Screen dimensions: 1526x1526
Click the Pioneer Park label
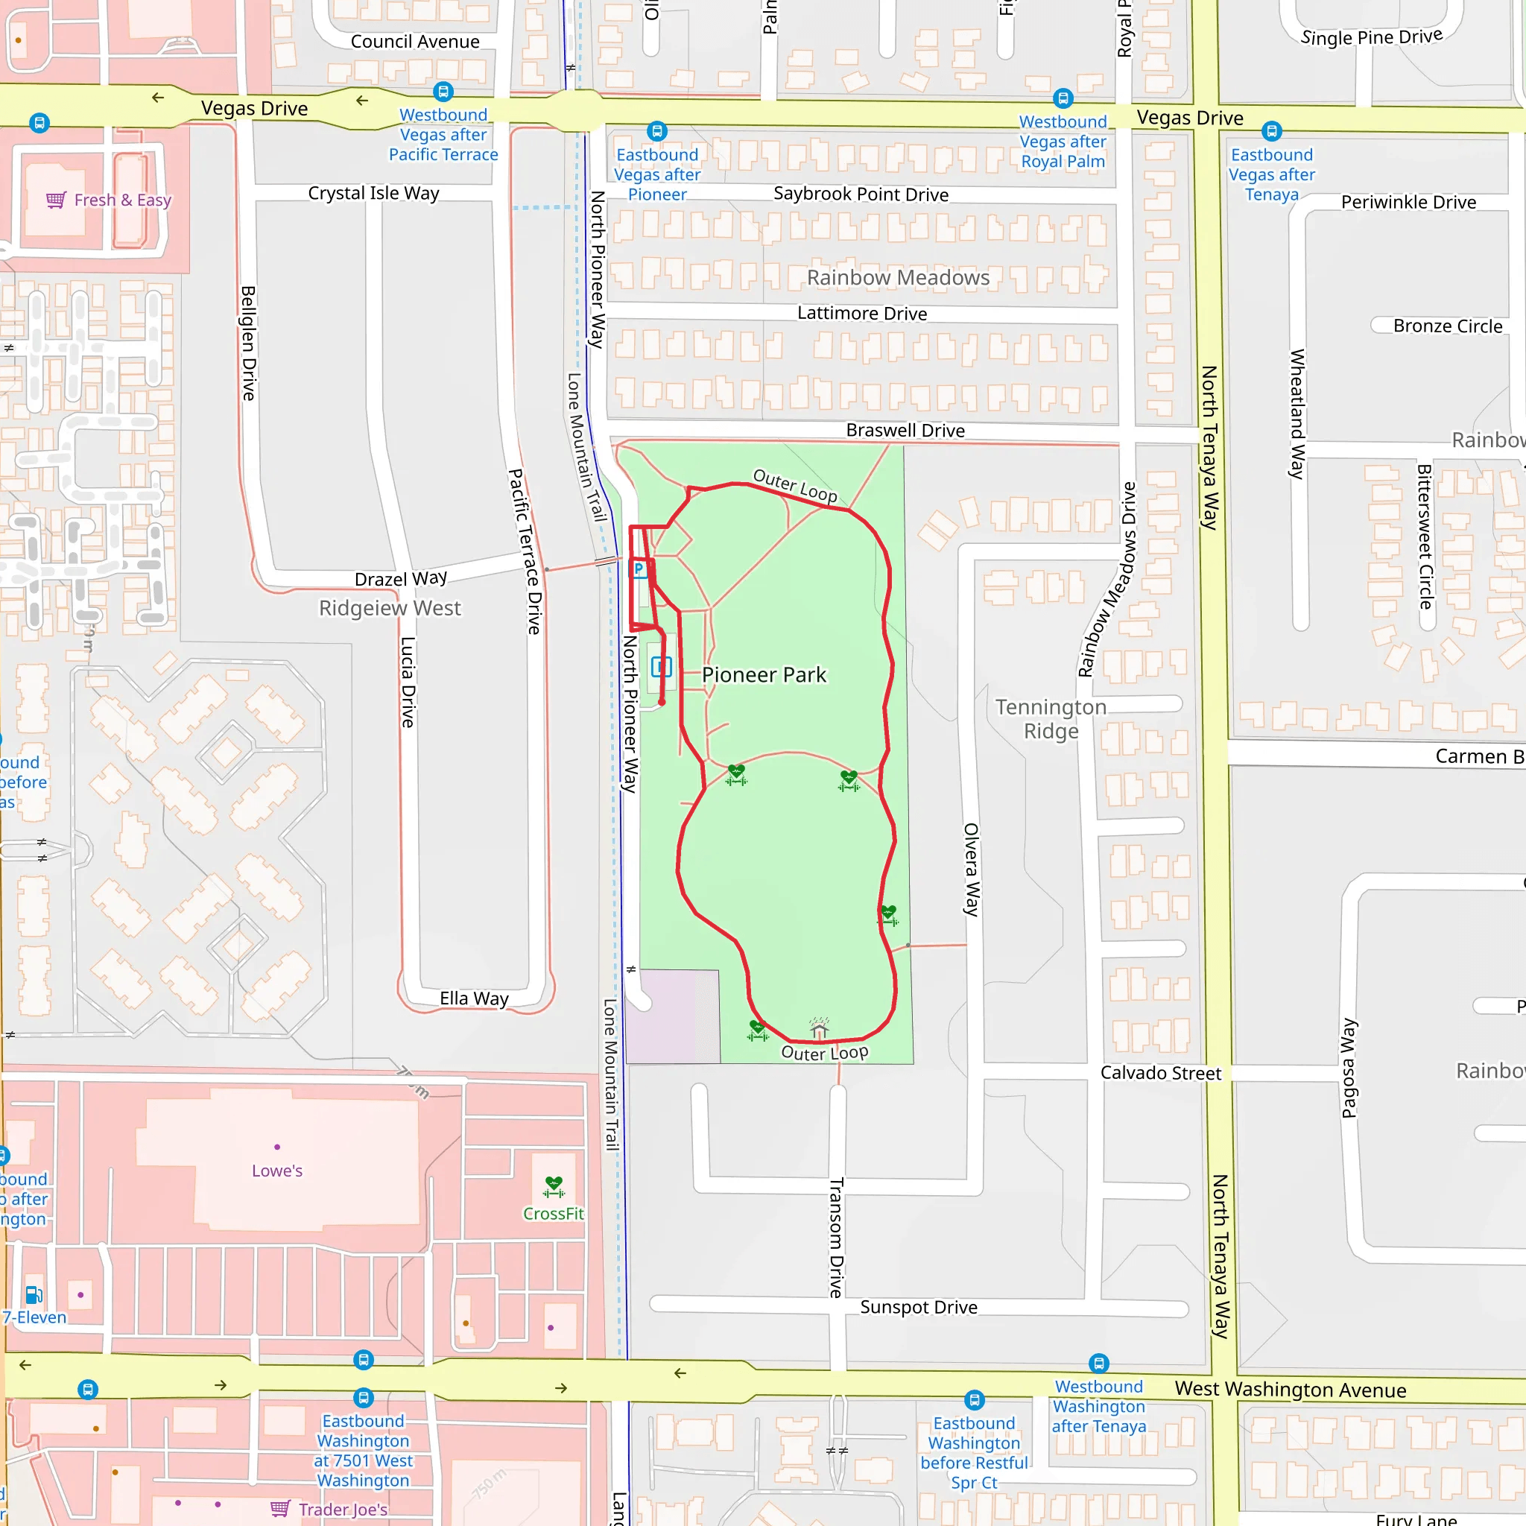(763, 674)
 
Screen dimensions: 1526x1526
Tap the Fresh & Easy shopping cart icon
(56, 200)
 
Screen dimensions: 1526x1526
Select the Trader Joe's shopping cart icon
(280, 1509)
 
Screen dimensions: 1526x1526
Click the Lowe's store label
(277, 1171)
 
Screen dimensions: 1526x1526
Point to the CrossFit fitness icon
(554, 1185)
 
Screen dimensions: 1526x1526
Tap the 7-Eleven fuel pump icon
(34, 1294)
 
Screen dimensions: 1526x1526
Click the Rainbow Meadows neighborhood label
(897, 277)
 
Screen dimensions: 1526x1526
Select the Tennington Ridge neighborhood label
(1051, 718)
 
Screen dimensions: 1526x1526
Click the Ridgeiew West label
(390, 608)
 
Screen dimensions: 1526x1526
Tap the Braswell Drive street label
(905, 431)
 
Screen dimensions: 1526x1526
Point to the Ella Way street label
(474, 998)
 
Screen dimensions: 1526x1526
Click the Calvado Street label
(1160, 1073)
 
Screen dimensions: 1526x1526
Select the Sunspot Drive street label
(919, 1307)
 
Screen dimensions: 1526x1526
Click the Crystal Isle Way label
(373, 194)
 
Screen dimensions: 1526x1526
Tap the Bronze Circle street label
(1447, 326)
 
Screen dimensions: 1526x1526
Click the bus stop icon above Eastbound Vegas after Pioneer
(657, 131)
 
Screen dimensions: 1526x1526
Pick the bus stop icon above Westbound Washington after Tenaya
(1099, 1364)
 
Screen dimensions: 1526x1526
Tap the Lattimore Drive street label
(862, 314)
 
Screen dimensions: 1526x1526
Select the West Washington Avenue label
(1290, 1390)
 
